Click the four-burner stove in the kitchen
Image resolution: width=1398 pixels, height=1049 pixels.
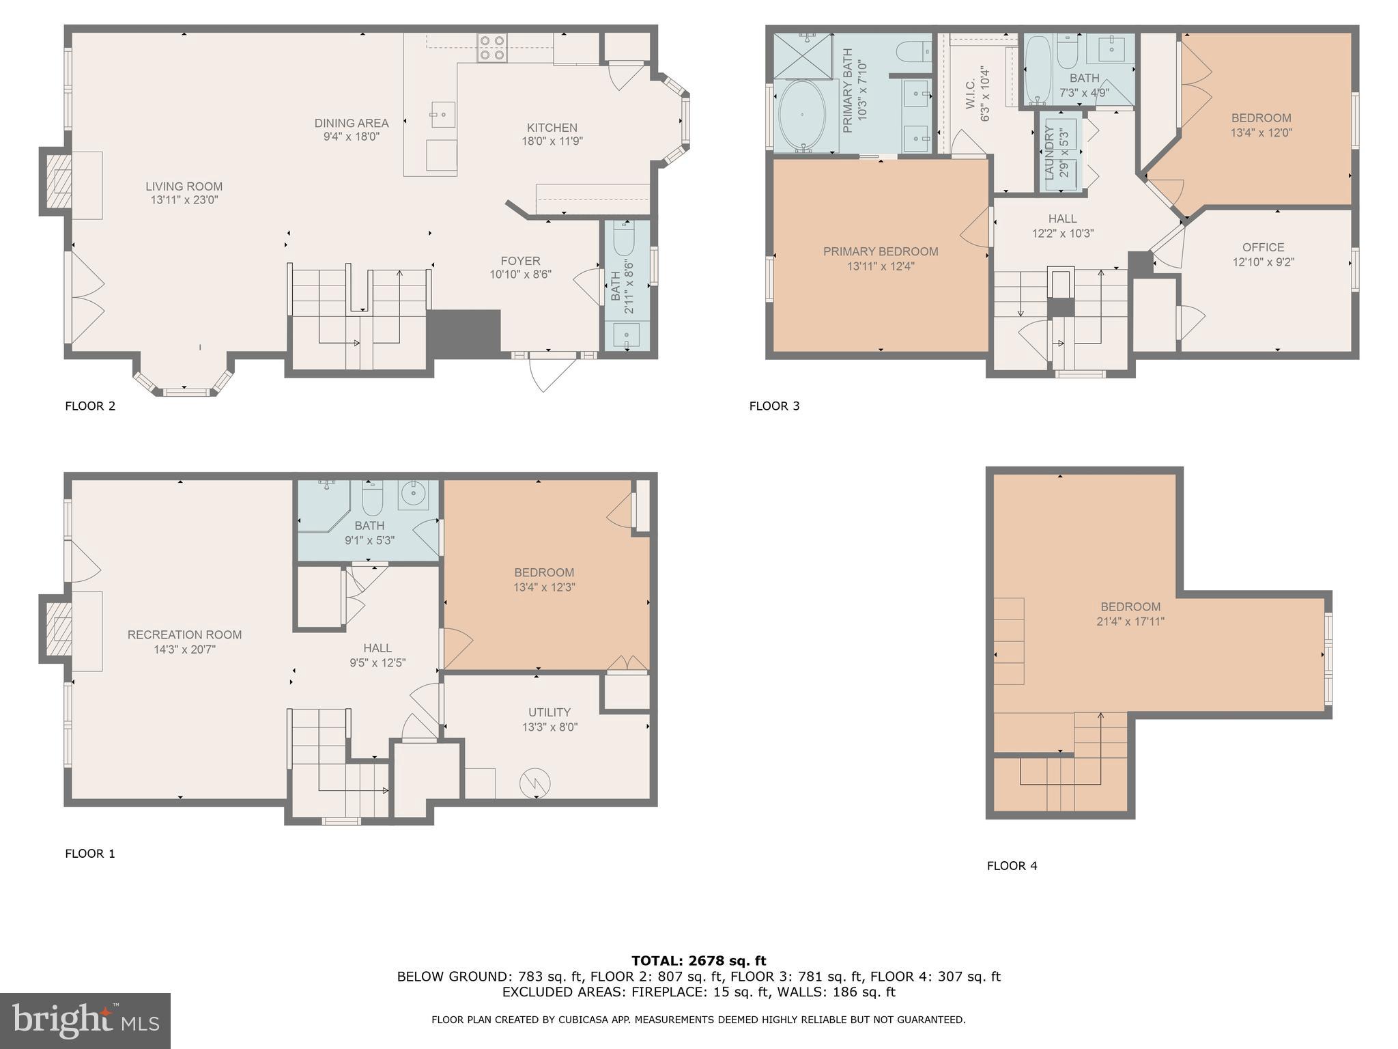pyautogui.click(x=491, y=48)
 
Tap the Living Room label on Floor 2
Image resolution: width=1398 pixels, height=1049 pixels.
pyautogui.click(x=184, y=186)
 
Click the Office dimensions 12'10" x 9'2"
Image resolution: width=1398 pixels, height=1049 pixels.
pyautogui.click(x=1263, y=262)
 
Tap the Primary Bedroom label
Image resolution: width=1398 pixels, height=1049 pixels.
pyautogui.click(x=880, y=252)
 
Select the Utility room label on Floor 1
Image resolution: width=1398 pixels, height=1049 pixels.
pyautogui.click(x=549, y=712)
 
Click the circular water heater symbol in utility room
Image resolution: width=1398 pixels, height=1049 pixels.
pyautogui.click(x=534, y=783)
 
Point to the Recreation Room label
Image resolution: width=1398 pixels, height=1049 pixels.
pyautogui.click(x=184, y=635)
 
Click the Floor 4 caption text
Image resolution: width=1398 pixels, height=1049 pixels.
pyautogui.click(x=1012, y=866)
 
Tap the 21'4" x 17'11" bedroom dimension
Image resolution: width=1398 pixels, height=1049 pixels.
pyautogui.click(x=1130, y=622)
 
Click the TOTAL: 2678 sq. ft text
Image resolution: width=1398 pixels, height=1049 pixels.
pyautogui.click(x=698, y=961)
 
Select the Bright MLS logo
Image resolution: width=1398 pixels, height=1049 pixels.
pyautogui.click(x=85, y=1020)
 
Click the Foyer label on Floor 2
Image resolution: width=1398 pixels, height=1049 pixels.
pyautogui.click(x=520, y=261)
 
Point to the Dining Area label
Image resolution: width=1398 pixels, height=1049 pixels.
pyautogui.click(x=352, y=124)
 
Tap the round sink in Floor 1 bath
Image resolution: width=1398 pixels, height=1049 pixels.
pyautogui.click(x=413, y=495)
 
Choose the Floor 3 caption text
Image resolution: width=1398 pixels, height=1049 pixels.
pyautogui.click(x=774, y=406)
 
